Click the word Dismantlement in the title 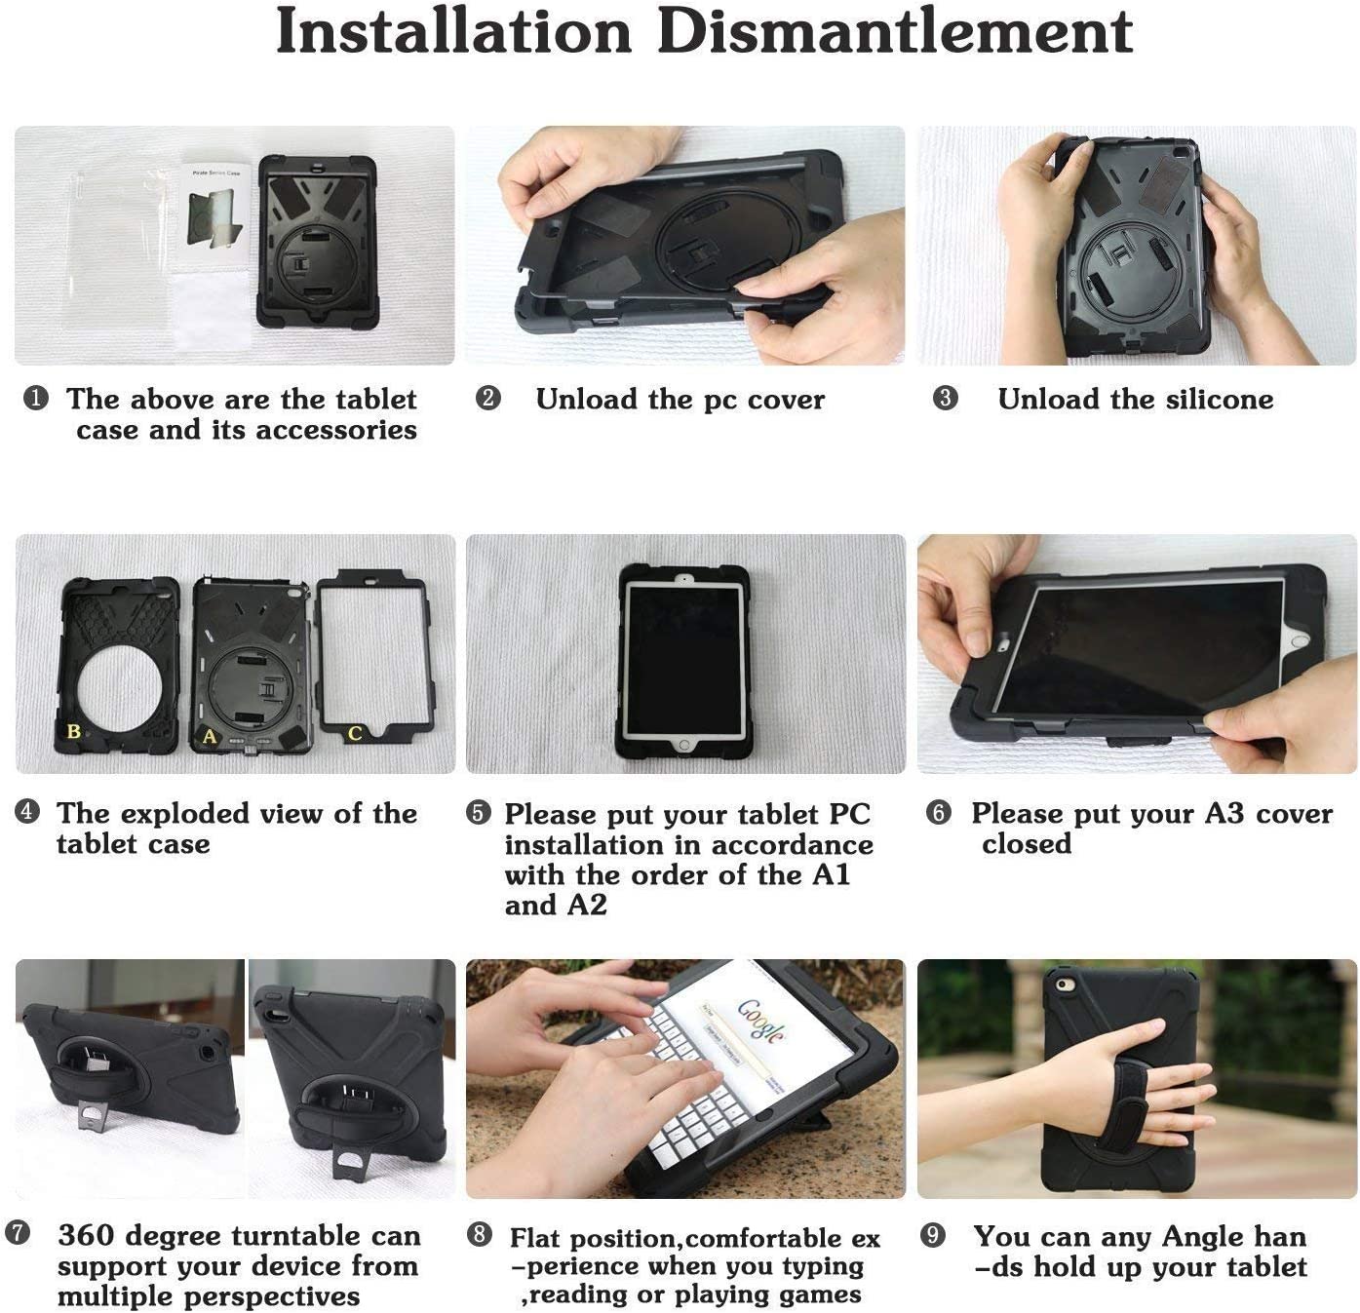click(x=895, y=32)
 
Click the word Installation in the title click(x=453, y=32)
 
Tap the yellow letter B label click(x=73, y=732)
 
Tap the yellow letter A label click(x=209, y=736)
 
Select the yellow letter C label click(x=355, y=733)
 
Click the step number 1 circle click(x=36, y=399)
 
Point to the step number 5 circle click(x=479, y=813)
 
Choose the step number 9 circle click(x=932, y=1235)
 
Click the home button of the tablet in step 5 click(x=683, y=746)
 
